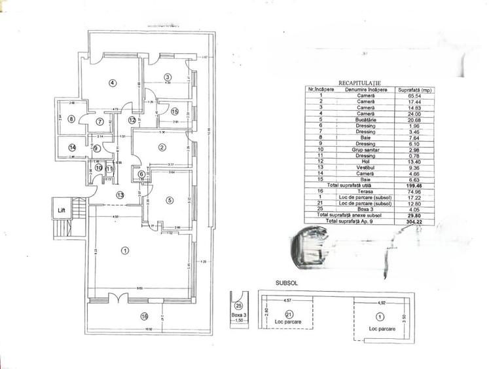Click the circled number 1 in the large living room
[125, 250]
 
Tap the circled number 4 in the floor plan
[113, 83]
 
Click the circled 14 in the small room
[73, 148]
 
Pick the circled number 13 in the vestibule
[120, 195]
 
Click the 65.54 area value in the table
[405, 96]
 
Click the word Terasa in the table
[361, 191]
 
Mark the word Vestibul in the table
[361, 168]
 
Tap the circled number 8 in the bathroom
[71, 119]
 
